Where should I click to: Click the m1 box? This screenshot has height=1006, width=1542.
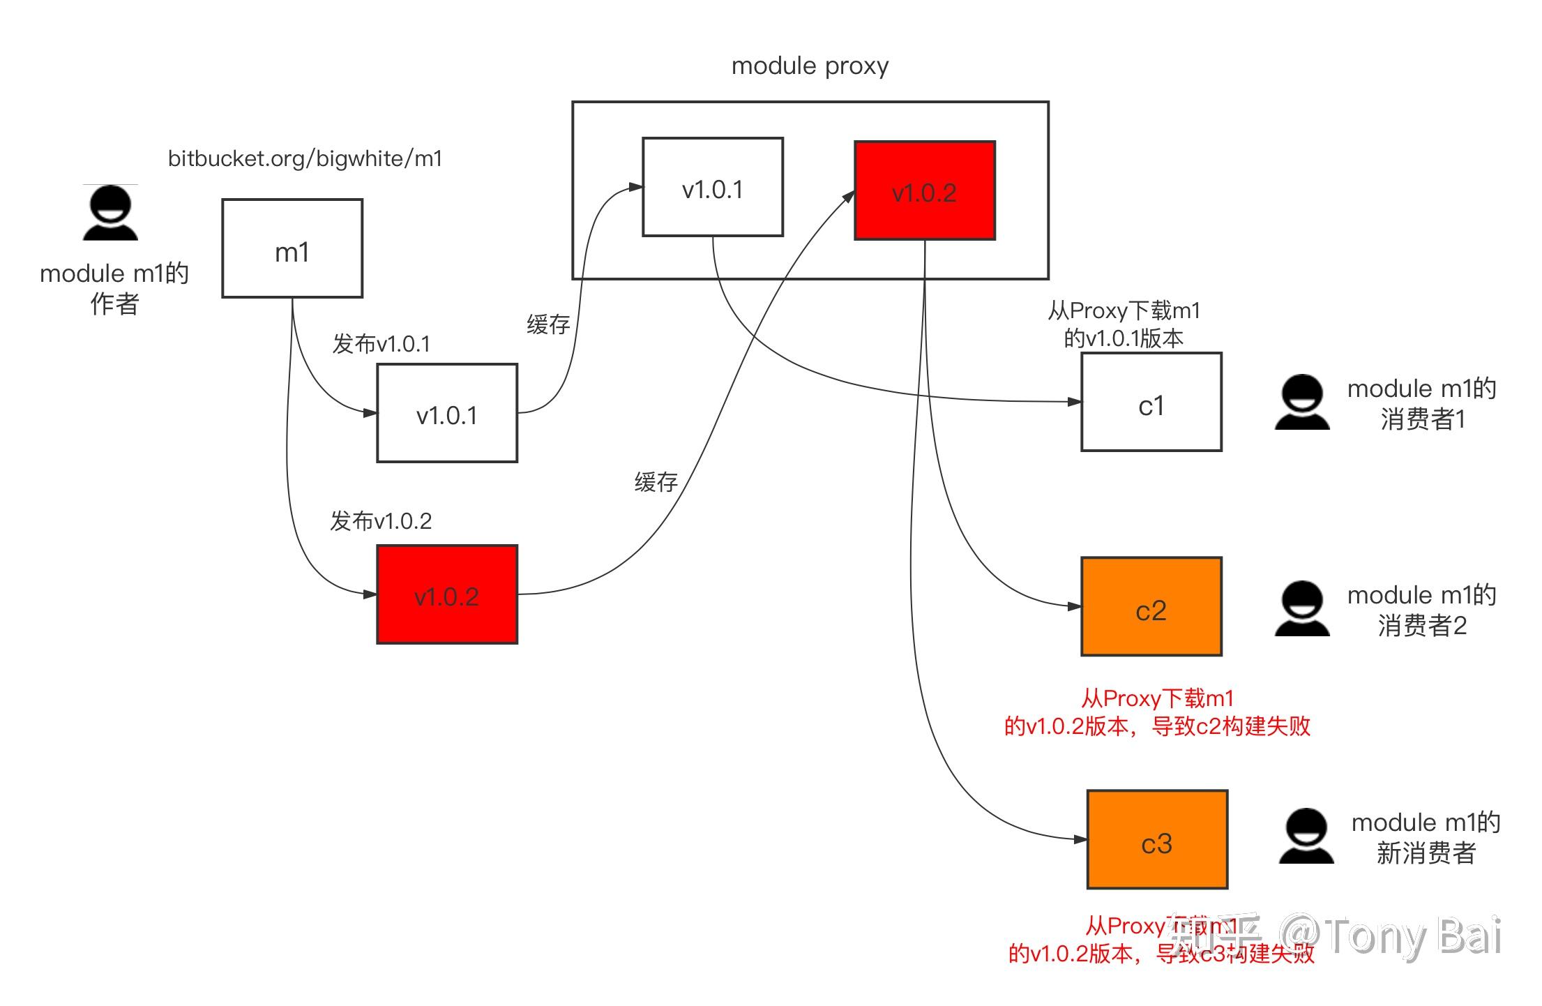(x=292, y=248)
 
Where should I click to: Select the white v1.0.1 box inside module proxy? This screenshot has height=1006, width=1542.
(x=712, y=187)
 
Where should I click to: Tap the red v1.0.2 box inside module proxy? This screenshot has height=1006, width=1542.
(x=924, y=190)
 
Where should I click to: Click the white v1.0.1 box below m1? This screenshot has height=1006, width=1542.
(x=447, y=413)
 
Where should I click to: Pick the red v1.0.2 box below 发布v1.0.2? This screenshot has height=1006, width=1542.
(x=447, y=594)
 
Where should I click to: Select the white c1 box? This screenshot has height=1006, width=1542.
(x=1151, y=403)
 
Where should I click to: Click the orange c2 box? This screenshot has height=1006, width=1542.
(x=1151, y=607)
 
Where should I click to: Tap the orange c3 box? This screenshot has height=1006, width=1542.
(x=1157, y=840)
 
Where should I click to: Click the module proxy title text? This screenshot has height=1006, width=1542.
(x=810, y=66)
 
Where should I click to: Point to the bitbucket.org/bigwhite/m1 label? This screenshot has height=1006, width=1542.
(x=305, y=159)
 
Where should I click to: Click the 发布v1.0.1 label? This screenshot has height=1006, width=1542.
(x=381, y=344)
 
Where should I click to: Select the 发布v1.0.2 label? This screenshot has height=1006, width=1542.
(x=381, y=521)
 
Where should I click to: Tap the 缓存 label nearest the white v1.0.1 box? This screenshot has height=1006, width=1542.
(x=548, y=324)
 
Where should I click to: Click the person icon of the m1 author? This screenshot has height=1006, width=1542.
(x=110, y=213)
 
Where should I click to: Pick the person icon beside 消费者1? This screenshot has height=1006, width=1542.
(x=1301, y=403)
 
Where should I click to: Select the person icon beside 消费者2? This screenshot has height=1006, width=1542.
(x=1301, y=609)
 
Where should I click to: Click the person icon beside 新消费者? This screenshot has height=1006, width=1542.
(x=1306, y=836)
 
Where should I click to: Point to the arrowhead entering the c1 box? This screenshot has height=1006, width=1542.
(x=1075, y=402)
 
